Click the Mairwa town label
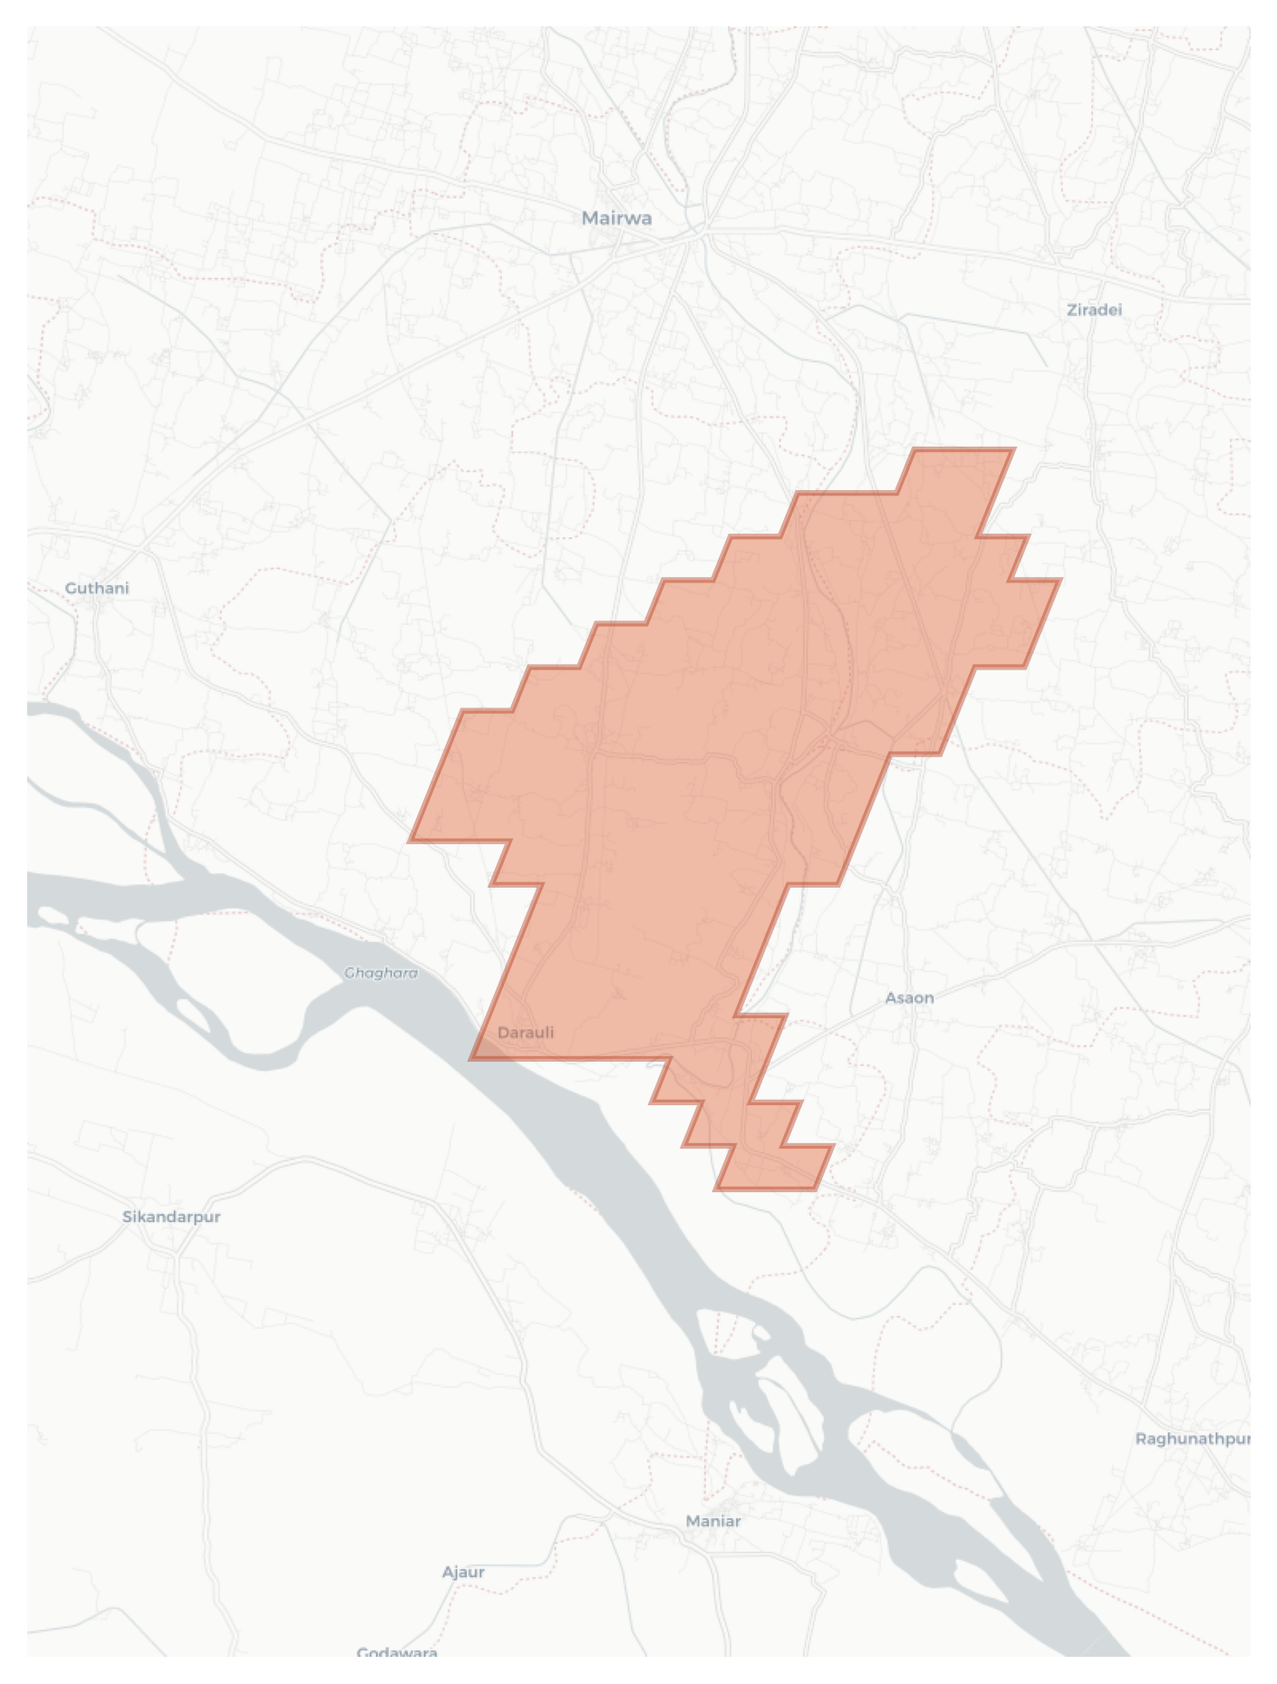[616, 218]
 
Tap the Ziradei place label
[1094, 310]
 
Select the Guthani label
[97, 588]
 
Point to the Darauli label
[526, 1033]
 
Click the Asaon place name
[909, 997]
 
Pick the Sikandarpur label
[171, 1217]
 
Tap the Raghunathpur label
[1193, 1439]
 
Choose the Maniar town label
[713, 1521]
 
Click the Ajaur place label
[463, 1572]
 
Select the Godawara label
[397, 1652]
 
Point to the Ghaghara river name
[382, 973]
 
